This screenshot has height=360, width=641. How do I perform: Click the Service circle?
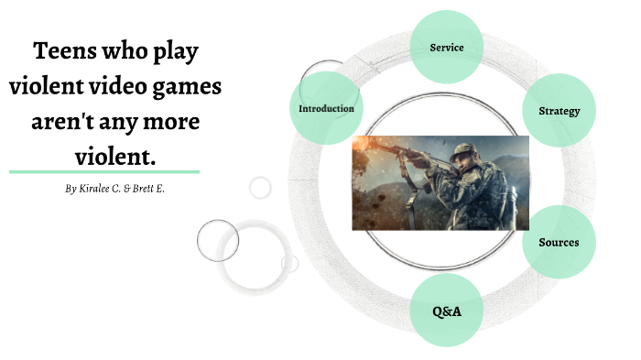coord(447,47)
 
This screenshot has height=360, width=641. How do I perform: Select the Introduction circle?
coord(326,108)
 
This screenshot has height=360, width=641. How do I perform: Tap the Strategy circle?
coord(558,111)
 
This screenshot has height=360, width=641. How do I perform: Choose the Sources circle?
coord(558,242)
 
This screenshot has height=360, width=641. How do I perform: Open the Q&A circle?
coord(447,311)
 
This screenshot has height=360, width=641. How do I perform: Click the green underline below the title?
coord(103,171)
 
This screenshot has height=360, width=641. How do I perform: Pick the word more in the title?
coord(177,122)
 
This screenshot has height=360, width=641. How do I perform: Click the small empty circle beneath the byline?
coord(261,188)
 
